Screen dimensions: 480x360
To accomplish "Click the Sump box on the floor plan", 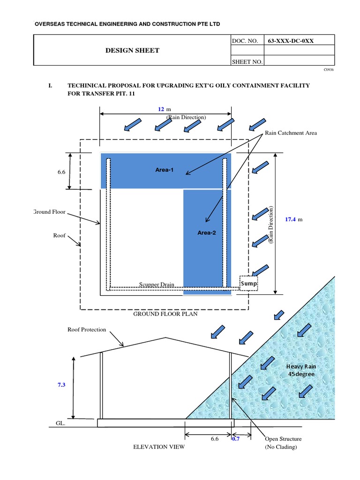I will coord(248,284).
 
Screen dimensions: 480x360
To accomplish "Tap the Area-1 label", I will coord(164,170).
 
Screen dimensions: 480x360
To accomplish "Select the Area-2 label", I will coord(206,232).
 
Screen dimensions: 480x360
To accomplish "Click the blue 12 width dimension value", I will coord(161,109).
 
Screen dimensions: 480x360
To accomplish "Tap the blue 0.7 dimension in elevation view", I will coord(236,439).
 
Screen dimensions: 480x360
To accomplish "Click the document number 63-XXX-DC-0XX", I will coord(291,41).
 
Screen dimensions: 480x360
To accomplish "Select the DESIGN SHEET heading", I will coord(132,50).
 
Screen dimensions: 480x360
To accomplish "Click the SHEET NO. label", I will coord(247,61).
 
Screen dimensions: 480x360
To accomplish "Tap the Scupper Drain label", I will coord(157,285).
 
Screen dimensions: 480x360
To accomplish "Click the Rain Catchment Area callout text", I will coord(291,133).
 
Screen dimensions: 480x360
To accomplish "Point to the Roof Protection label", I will coord(87,330).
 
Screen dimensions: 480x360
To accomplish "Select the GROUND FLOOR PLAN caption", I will coord(165,314).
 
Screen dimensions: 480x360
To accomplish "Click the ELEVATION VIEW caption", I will coord(159,447).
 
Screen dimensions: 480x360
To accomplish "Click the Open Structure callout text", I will coord(283,439).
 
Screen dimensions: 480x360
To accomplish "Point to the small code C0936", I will coord(328,69).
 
